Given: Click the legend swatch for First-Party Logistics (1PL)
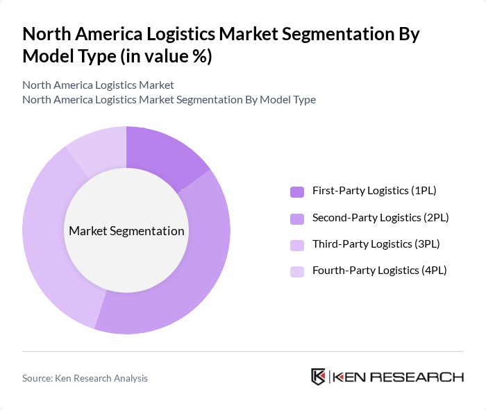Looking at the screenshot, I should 296,191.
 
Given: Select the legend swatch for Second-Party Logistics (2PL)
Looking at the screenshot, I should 296,219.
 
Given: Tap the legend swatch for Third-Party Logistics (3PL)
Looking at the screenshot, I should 296,245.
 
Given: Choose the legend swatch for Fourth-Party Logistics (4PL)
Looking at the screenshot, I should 296,271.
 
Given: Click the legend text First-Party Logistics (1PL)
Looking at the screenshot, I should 374,191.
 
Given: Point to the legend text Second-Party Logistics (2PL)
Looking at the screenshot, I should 380,217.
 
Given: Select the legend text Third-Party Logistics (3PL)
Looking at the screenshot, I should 376,244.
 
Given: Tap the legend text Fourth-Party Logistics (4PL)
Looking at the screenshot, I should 379,270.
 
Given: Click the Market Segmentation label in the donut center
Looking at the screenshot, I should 126,231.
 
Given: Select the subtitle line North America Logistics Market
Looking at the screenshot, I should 98,85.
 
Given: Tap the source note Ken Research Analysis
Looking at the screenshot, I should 85,378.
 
